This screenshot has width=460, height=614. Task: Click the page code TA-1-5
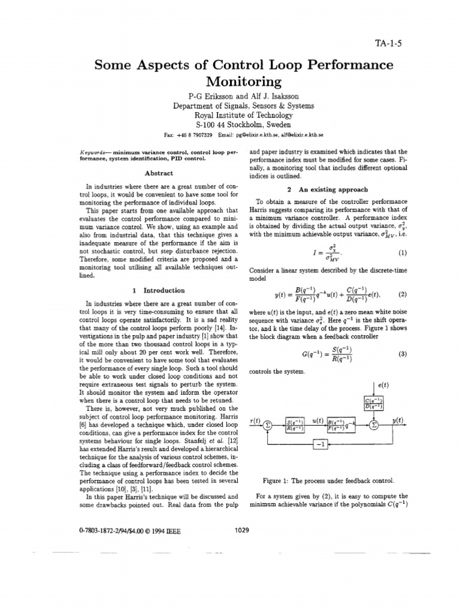389,44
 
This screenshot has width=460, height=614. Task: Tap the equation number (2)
402,294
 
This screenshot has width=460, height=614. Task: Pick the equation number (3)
402,354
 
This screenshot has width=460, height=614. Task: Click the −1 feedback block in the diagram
320,444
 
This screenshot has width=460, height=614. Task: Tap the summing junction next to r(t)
268,425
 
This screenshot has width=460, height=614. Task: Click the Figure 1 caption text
328,481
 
